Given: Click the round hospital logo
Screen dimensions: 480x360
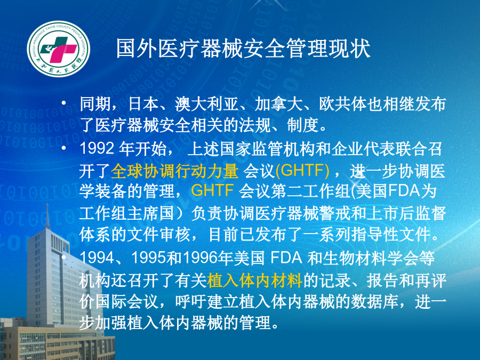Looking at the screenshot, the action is coord(59,49).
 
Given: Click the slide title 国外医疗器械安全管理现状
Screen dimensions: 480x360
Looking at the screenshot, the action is coord(243,49).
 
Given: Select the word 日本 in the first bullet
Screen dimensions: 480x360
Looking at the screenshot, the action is coord(143,104).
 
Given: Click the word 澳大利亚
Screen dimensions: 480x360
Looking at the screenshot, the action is coord(207,104).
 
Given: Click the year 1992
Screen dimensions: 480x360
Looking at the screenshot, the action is coord(97,148).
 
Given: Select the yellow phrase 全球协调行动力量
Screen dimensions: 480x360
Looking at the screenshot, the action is coord(175,171).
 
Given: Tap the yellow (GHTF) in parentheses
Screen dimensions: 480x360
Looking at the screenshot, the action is coord(302,171).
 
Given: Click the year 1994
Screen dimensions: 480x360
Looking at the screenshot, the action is coord(97,258).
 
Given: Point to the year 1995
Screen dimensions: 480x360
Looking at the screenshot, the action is coord(149,258).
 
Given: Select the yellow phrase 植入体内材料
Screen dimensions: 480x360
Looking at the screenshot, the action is coord(255,280).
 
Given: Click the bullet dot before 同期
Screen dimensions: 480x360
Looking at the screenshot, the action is coord(63,103).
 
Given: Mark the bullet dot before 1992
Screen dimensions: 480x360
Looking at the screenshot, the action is coord(63,148).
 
